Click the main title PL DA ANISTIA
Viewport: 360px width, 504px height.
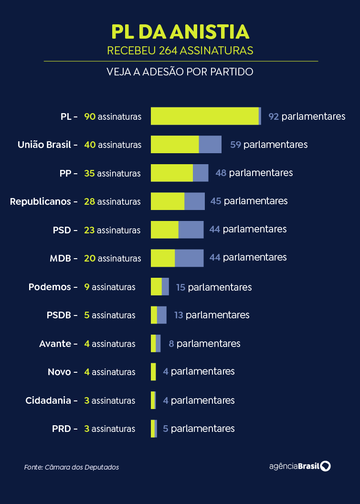[180, 31]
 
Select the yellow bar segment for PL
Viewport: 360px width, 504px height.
[204, 116]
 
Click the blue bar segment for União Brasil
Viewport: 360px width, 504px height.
[210, 144]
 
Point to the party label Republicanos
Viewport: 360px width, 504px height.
[40, 201]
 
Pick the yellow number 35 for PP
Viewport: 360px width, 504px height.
[89, 173]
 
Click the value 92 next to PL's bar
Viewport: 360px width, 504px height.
[274, 116]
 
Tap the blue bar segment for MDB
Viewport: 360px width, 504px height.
[189, 258]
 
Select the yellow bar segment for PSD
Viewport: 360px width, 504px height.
[164, 230]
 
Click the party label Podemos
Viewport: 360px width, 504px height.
[50, 287]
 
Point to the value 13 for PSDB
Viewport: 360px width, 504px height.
[179, 315]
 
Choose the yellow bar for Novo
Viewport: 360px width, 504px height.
[153, 372]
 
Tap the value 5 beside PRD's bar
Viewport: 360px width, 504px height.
[165, 429]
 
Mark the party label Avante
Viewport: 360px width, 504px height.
[55, 344]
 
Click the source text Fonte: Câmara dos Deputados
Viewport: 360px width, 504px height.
[71, 467]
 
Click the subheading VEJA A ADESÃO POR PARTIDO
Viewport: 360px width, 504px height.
[180, 72]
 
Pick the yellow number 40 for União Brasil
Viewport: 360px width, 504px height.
[90, 145]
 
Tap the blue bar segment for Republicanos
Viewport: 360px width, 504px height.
[194, 201]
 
